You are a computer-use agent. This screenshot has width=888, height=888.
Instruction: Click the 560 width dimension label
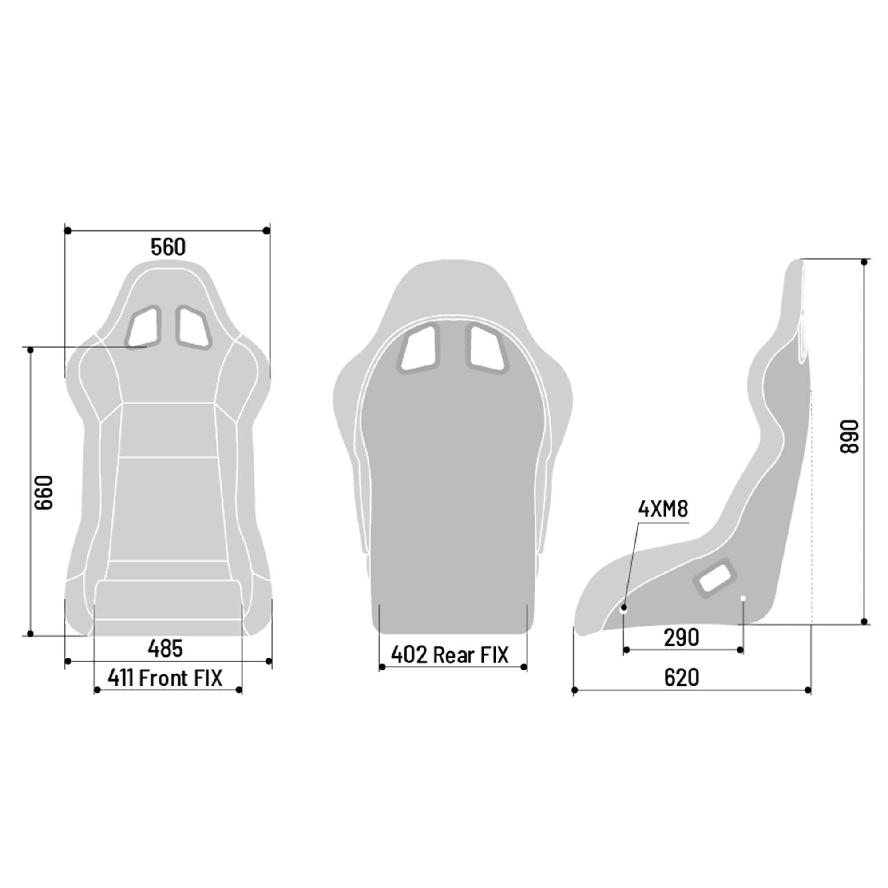click(x=168, y=247)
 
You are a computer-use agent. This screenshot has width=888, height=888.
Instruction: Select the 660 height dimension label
click(x=44, y=492)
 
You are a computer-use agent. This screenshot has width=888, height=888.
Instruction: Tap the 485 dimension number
click(x=166, y=649)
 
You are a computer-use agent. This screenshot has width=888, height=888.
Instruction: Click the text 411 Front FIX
click(x=165, y=678)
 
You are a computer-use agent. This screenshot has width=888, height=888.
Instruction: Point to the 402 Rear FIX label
click(x=450, y=655)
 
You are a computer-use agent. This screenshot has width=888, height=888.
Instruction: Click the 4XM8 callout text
click(x=663, y=509)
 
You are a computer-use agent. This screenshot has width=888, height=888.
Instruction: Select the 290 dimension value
click(x=682, y=638)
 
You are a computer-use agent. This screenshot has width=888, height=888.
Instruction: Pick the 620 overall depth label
click(x=682, y=678)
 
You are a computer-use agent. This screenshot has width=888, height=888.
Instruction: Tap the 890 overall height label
click(x=849, y=436)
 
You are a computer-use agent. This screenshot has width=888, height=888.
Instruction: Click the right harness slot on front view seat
click(x=193, y=327)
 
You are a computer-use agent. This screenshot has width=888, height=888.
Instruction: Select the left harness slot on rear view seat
click(x=419, y=348)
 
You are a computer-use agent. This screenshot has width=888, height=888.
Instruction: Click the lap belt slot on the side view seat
click(x=715, y=578)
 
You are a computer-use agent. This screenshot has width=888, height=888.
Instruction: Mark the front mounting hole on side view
click(x=624, y=609)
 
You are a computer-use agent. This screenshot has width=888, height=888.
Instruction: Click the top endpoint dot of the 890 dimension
click(x=864, y=262)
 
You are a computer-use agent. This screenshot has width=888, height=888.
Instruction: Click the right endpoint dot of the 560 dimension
click(x=266, y=230)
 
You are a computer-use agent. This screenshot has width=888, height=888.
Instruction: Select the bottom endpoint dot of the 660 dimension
click(x=30, y=634)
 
